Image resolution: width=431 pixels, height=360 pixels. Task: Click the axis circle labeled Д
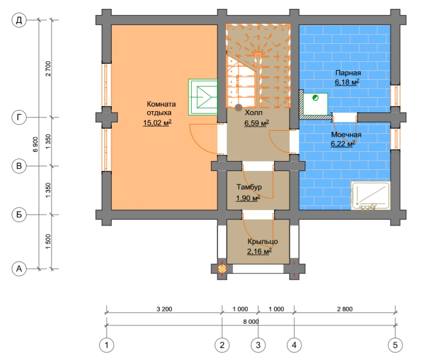click(x=19, y=20)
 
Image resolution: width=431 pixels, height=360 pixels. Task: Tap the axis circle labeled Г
click(x=19, y=117)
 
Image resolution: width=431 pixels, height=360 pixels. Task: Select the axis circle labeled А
click(x=19, y=268)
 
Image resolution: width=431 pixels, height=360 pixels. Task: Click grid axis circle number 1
click(x=107, y=345)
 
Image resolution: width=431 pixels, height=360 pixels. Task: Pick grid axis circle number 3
click(x=258, y=345)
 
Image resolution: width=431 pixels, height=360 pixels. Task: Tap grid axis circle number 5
click(x=395, y=345)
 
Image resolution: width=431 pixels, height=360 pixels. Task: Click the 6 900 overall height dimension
click(x=36, y=144)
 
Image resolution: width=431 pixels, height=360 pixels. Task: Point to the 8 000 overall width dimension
click(x=251, y=321)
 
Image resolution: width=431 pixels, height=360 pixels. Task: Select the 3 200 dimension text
click(x=164, y=309)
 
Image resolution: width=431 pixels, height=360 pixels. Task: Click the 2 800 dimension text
click(x=345, y=309)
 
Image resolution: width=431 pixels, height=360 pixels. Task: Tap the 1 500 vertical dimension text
click(x=48, y=242)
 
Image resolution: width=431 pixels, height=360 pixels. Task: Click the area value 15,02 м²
click(x=157, y=123)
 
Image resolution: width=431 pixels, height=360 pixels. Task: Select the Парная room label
click(x=348, y=73)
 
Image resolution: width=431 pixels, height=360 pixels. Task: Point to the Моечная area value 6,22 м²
click(x=343, y=144)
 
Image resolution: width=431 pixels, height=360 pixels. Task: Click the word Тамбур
click(x=249, y=187)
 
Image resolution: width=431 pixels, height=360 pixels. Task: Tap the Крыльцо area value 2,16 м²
click(x=259, y=251)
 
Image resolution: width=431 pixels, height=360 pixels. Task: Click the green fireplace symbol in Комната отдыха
click(x=203, y=97)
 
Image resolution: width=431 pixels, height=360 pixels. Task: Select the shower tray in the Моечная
click(x=371, y=196)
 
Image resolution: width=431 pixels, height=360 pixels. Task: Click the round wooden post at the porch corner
click(x=222, y=269)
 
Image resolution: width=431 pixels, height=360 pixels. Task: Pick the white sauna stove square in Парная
click(x=316, y=104)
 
